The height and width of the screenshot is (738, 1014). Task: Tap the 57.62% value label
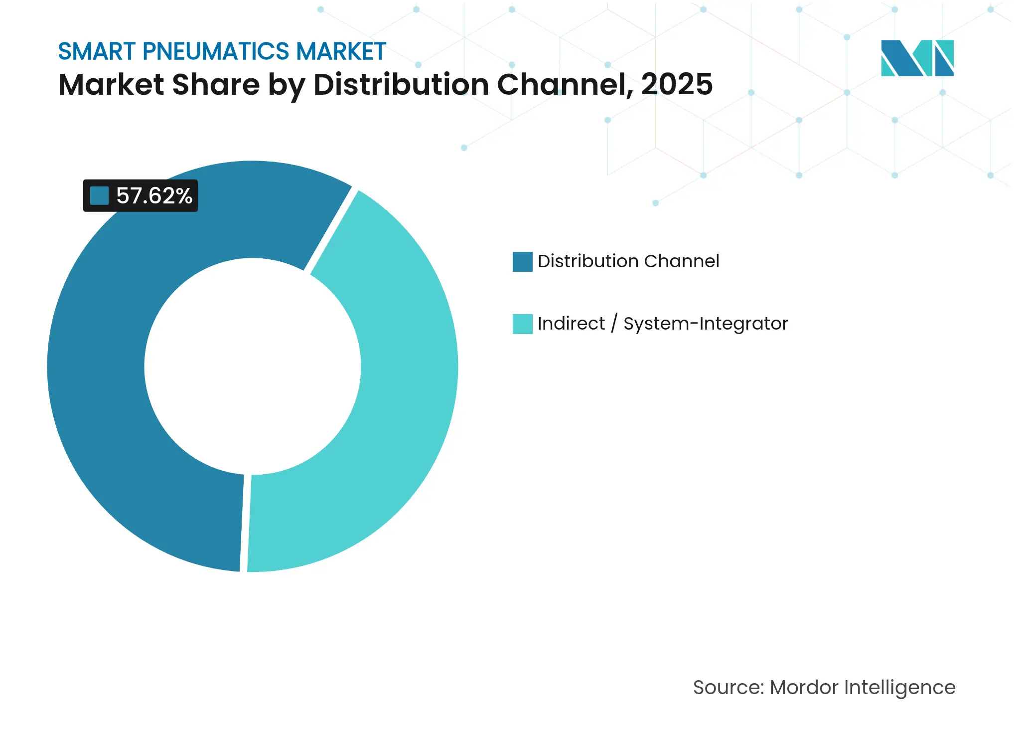click(x=154, y=196)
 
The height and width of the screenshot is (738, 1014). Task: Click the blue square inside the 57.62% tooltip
click(x=99, y=196)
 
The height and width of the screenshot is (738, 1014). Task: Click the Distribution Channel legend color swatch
click(x=522, y=262)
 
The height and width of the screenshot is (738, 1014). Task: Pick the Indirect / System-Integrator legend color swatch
click(x=522, y=324)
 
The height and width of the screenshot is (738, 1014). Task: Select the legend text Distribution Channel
click(x=628, y=261)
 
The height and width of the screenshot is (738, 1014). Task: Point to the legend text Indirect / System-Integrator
click(x=663, y=324)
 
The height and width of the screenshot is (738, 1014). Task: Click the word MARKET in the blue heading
click(x=341, y=51)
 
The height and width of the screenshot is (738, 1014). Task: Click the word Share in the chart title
click(x=216, y=84)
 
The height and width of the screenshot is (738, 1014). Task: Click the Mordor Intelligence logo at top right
click(x=917, y=58)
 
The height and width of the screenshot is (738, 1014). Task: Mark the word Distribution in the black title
click(x=401, y=84)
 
